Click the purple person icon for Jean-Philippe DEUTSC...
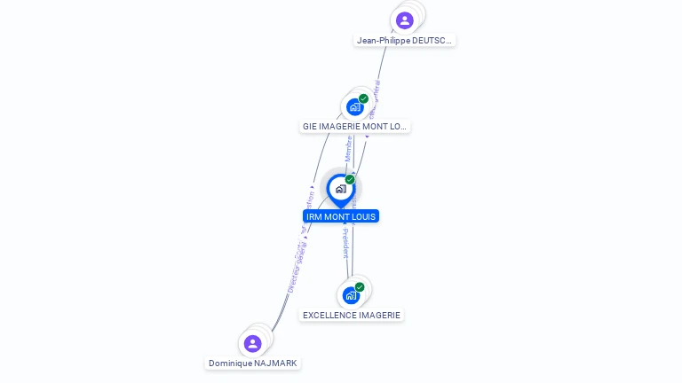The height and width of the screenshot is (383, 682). tap(404, 20)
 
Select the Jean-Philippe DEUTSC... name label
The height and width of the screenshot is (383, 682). tap(405, 41)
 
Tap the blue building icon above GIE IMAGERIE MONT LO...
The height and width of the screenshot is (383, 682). tap(355, 107)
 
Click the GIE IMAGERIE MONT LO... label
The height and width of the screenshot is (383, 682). tap(354, 127)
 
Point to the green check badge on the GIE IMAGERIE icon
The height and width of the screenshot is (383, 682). tap(363, 98)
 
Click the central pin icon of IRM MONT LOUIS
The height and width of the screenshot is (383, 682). tap(340, 189)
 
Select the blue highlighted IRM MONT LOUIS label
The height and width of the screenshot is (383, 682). tap(341, 216)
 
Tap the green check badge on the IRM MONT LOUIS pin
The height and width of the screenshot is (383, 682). tap(350, 180)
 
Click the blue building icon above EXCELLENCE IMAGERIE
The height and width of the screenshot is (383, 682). tap(351, 295)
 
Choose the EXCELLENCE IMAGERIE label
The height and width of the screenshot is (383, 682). tap(352, 316)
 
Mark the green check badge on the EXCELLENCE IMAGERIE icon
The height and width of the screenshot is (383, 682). tap(360, 287)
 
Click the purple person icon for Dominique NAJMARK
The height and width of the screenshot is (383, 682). tap(253, 343)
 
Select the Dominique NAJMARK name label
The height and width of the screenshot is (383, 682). tap(253, 363)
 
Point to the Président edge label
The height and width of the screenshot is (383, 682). tap(345, 242)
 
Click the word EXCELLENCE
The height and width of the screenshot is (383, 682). tap(330, 316)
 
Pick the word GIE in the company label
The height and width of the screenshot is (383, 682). tap(310, 127)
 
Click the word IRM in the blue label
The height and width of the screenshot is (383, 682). tap(314, 216)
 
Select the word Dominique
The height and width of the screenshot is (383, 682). tap(229, 363)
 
